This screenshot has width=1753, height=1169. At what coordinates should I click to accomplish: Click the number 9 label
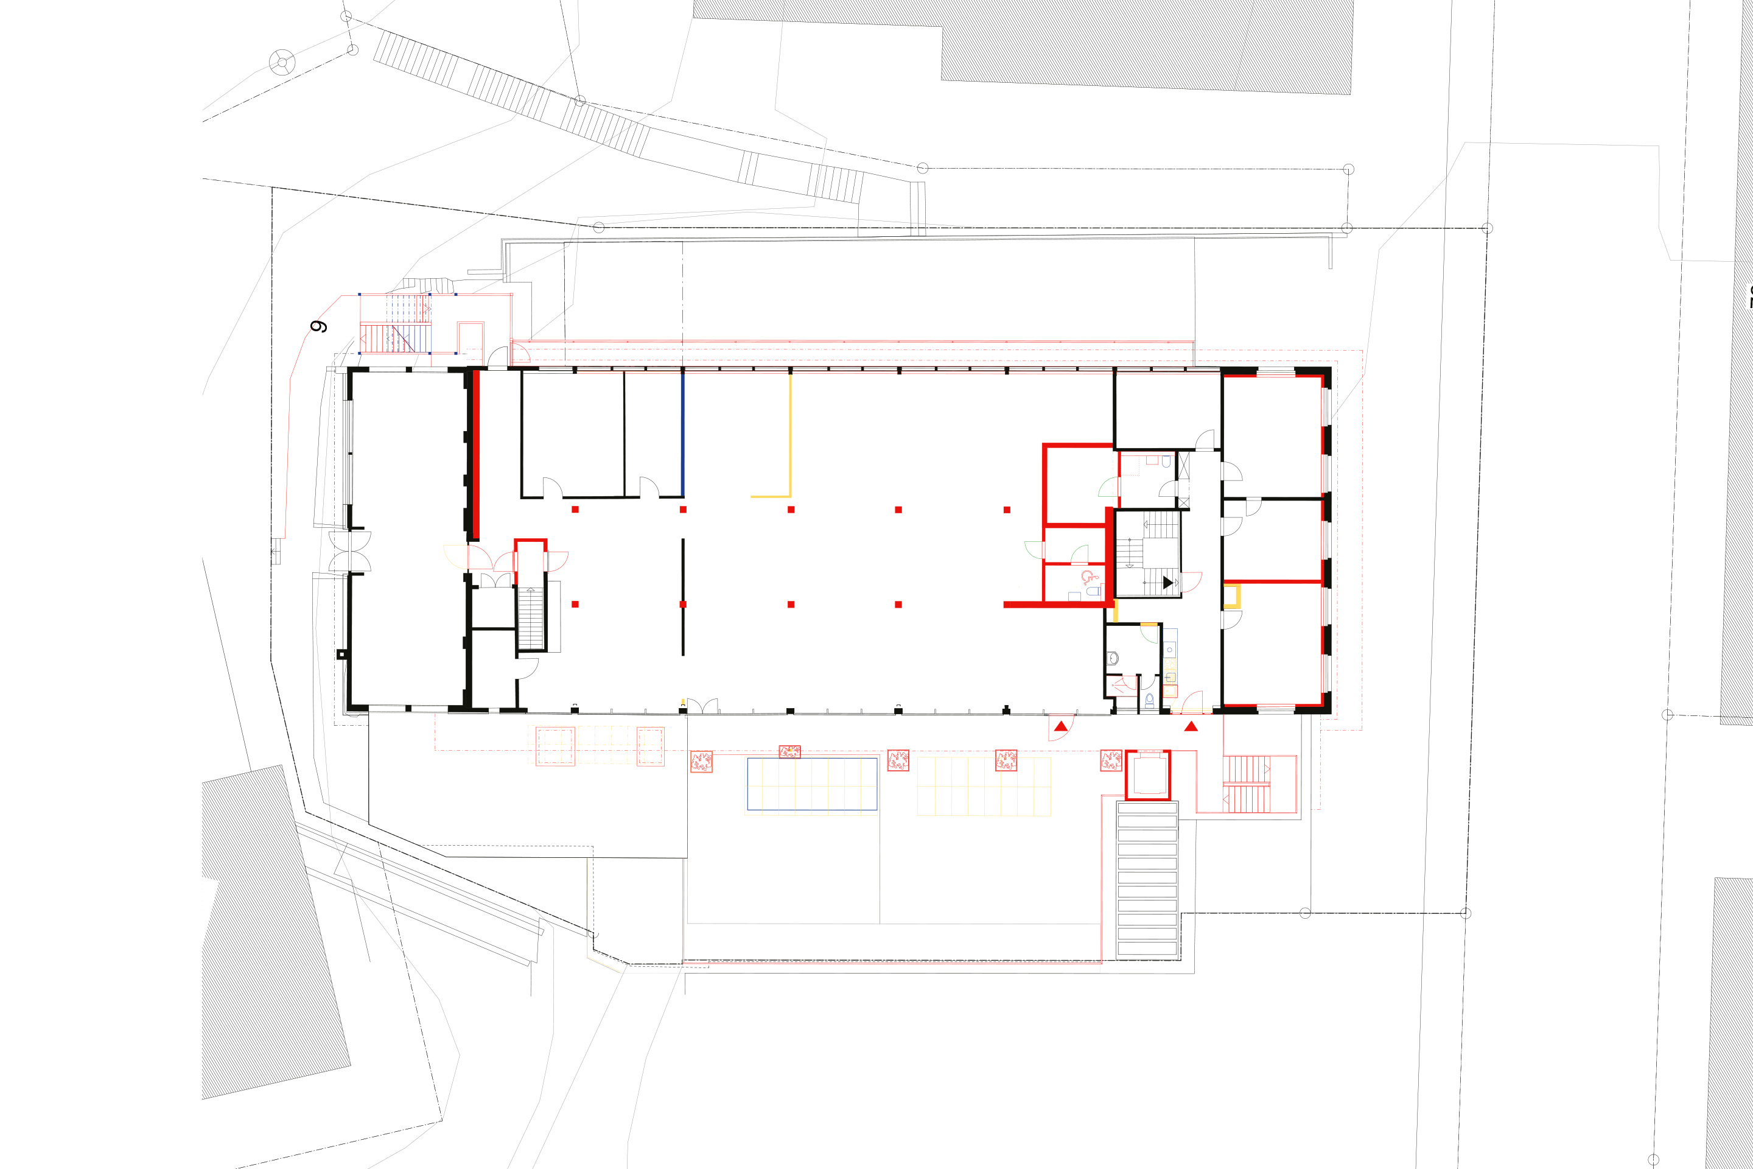(318, 326)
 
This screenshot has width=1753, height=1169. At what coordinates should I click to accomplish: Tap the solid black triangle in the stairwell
(1167, 582)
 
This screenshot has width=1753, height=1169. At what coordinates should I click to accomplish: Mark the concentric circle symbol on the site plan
(282, 62)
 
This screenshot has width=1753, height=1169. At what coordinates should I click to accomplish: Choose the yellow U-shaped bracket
(1231, 597)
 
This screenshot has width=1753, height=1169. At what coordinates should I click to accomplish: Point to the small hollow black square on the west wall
(341, 655)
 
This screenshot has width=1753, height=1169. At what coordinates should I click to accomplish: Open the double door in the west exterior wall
(351, 552)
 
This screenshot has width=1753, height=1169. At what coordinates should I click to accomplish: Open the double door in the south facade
(702, 706)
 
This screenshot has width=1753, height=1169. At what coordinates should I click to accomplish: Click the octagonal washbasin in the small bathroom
(1113, 658)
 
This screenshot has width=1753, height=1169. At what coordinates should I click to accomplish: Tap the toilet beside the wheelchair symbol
(1093, 591)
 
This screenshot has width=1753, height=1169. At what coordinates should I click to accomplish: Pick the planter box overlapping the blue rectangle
(789, 751)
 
